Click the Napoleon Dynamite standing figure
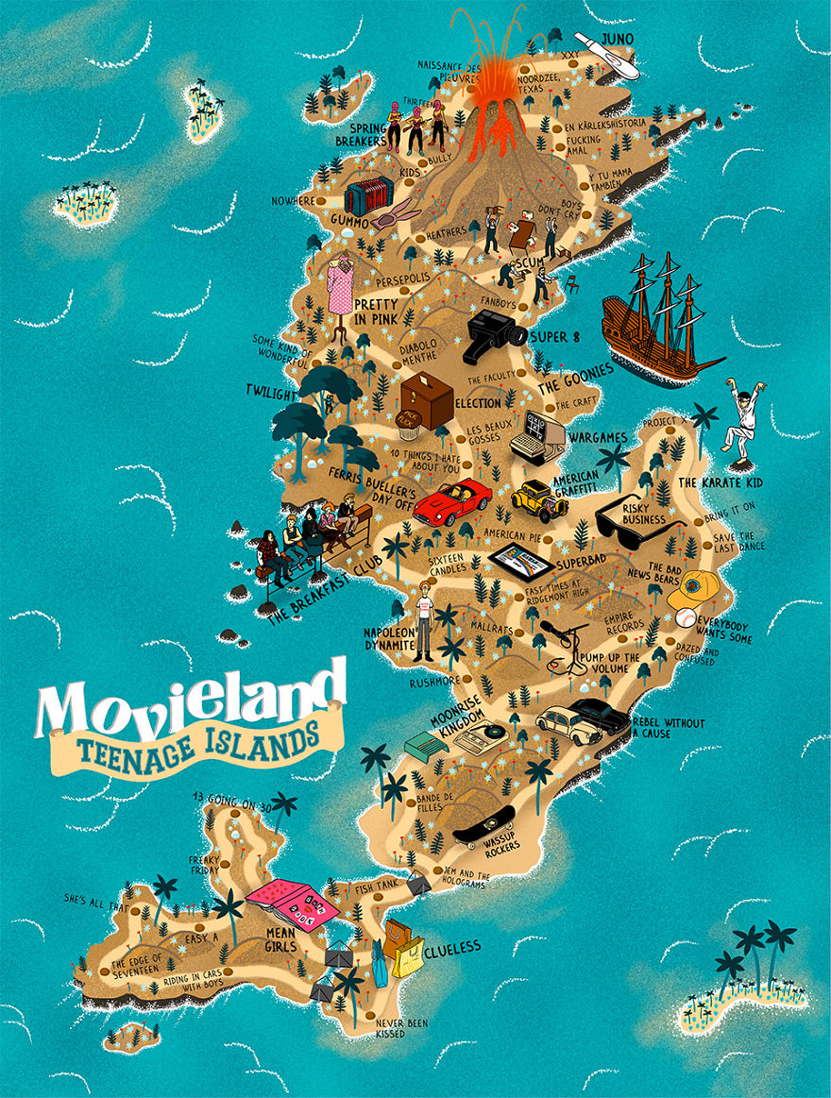426,618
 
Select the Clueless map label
452,946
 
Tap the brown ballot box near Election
426,399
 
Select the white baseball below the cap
686,618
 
